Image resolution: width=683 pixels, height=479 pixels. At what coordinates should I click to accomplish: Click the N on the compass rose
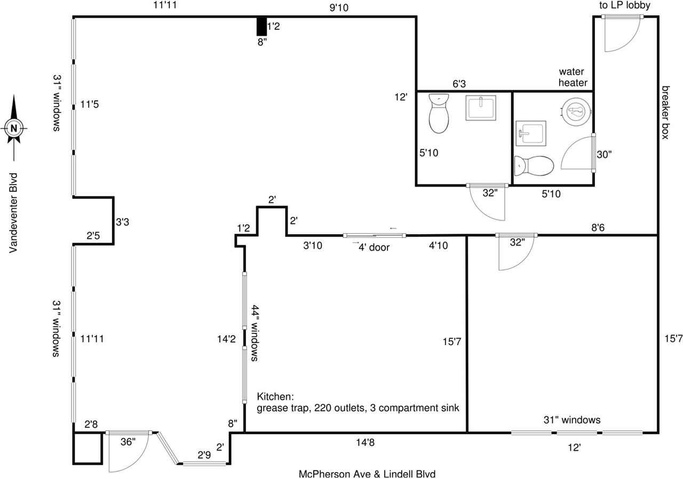coord(14,129)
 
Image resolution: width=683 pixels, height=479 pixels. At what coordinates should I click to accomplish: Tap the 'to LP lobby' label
coord(625,5)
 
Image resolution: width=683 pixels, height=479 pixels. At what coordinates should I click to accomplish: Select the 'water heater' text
coord(573,77)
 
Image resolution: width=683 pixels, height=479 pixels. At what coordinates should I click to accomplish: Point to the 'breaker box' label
coord(665,113)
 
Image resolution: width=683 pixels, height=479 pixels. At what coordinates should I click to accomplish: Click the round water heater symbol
coord(576,111)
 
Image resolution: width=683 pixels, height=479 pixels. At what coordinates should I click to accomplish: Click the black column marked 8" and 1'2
coord(261,27)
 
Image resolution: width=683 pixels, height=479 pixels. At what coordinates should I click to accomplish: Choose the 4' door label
coord(374,247)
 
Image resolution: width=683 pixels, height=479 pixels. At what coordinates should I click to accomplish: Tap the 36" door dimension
coord(128,442)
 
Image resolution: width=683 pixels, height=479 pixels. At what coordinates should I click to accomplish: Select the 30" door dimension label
coord(604,155)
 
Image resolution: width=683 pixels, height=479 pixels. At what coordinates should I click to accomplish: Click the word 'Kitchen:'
coord(275,396)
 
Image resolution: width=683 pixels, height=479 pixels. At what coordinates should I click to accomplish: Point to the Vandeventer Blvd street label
coord(13,213)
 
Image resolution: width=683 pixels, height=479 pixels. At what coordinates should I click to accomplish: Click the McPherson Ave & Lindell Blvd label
coord(367,474)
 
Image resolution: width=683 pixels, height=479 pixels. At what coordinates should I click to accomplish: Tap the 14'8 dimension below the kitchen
coord(366,442)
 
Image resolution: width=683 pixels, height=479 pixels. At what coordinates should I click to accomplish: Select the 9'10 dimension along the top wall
coord(339,7)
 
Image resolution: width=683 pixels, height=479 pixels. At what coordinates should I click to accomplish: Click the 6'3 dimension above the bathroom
coord(459,84)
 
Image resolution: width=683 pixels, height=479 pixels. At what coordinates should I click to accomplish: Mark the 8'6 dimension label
coord(598,227)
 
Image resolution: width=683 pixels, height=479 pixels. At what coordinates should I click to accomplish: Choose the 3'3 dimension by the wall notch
coord(122,222)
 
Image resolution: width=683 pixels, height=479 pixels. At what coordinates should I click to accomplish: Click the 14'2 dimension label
coord(226,339)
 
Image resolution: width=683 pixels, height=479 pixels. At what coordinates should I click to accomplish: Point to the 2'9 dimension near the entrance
coord(204,455)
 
